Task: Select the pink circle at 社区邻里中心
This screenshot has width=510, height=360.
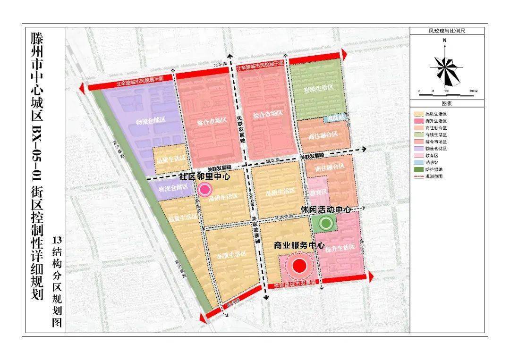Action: point(205,190)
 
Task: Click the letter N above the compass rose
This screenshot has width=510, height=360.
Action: point(445,41)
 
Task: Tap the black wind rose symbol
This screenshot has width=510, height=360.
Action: point(445,68)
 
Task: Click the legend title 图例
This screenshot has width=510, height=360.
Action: point(447,103)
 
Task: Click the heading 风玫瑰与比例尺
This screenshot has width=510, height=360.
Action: point(447,31)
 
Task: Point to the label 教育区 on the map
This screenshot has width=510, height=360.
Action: point(319,192)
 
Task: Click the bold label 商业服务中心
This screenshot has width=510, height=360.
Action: point(299,246)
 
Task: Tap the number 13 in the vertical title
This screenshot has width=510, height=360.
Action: point(57,239)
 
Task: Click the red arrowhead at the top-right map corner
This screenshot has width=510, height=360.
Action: point(344,55)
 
